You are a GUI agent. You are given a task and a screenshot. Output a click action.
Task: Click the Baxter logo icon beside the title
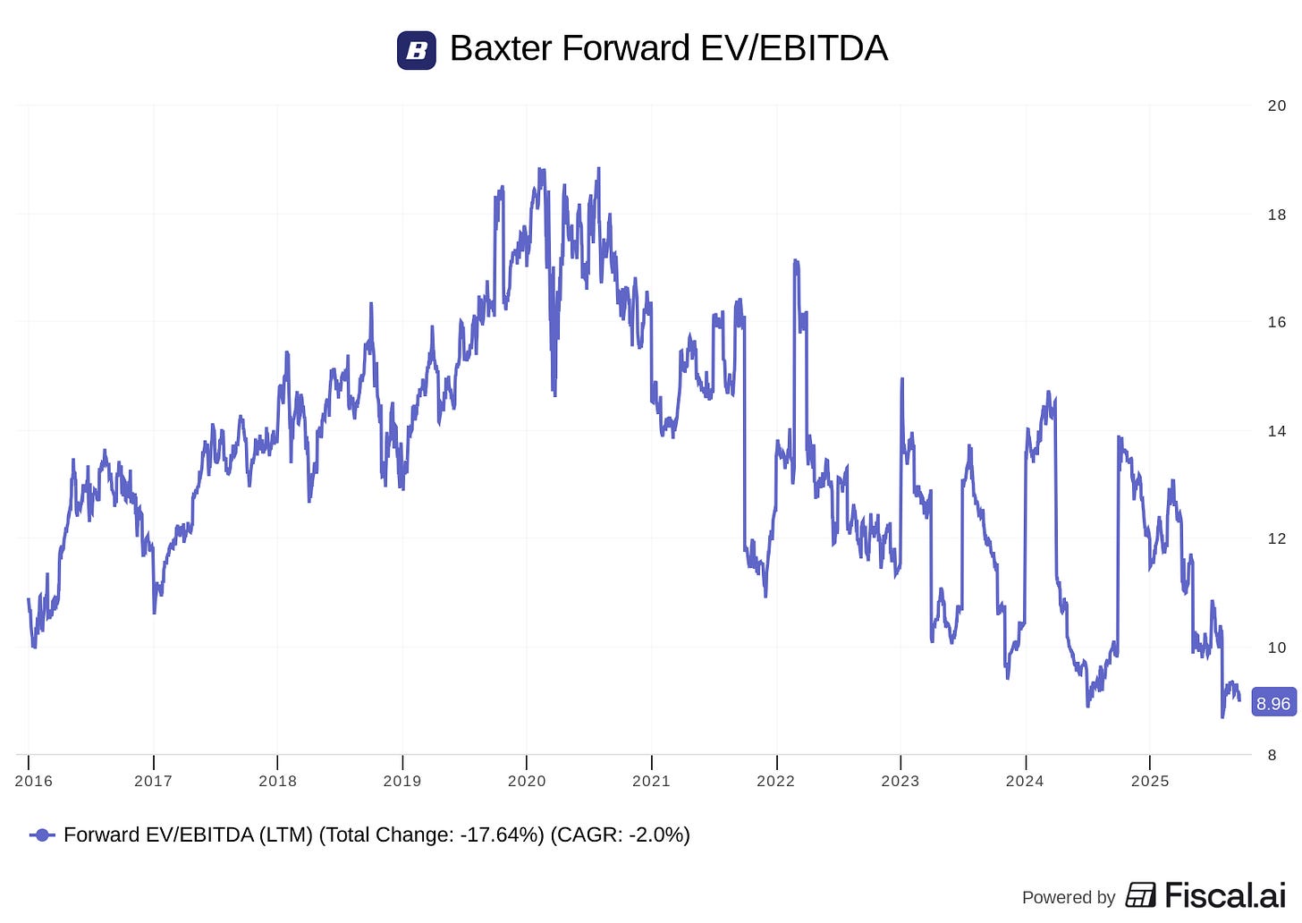point(416,50)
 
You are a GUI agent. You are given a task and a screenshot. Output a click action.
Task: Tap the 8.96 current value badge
point(1272,704)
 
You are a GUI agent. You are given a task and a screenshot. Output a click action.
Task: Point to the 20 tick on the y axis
point(1276,106)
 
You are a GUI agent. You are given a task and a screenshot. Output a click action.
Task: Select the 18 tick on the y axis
point(1276,215)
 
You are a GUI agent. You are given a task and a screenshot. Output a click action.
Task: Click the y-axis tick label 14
point(1276,431)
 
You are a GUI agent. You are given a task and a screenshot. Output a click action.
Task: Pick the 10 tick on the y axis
point(1276,648)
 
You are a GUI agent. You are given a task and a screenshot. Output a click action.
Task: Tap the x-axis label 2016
point(34,781)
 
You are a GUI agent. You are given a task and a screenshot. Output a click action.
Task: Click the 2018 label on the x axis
point(277,781)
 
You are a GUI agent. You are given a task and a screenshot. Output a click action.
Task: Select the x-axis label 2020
point(527,781)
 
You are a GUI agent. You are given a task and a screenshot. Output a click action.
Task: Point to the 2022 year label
point(775,781)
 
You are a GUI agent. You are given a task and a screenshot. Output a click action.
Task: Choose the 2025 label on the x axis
point(1149,781)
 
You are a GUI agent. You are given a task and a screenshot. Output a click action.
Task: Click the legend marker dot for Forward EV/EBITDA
point(42,835)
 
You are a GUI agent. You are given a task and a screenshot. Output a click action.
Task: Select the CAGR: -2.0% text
point(620,835)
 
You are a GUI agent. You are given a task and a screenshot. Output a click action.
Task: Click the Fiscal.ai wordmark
point(1224,895)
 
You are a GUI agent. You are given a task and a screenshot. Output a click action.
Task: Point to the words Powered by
point(1069,897)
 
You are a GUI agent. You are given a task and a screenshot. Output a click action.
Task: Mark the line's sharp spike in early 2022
point(796,262)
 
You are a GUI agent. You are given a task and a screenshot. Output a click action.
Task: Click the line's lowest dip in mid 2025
point(1222,716)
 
